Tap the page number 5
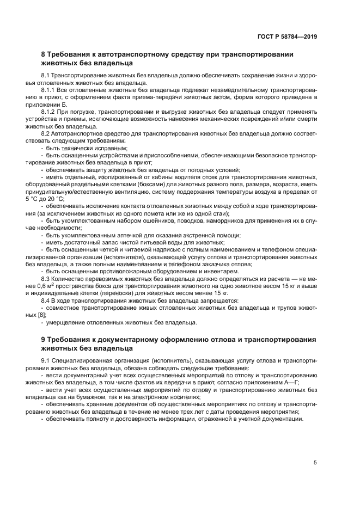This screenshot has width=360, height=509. [315, 463]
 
